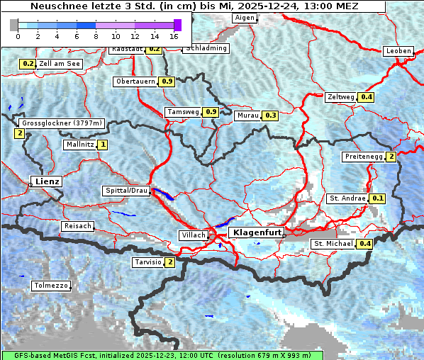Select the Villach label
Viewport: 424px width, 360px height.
[x=194, y=235]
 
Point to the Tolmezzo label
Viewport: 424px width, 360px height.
[x=51, y=286]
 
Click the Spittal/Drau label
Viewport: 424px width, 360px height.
[x=126, y=191]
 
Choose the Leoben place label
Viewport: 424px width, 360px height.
[x=398, y=51]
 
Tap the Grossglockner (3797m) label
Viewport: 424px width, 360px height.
[x=62, y=123]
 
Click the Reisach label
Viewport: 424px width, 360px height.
[x=78, y=226]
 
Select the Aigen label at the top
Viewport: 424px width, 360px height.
[x=243, y=18]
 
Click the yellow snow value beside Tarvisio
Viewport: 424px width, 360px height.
[x=169, y=262]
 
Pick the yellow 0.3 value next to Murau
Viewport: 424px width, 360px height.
[x=270, y=115]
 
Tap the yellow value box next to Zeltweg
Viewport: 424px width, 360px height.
[x=366, y=97]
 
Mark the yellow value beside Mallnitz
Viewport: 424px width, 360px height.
[x=103, y=145]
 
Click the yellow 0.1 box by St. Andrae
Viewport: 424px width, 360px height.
[x=377, y=198]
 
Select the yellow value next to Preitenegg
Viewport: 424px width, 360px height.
[x=391, y=157]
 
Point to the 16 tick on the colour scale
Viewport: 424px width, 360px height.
[x=174, y=35]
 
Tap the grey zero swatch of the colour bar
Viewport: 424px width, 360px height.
[x=14, y=25]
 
